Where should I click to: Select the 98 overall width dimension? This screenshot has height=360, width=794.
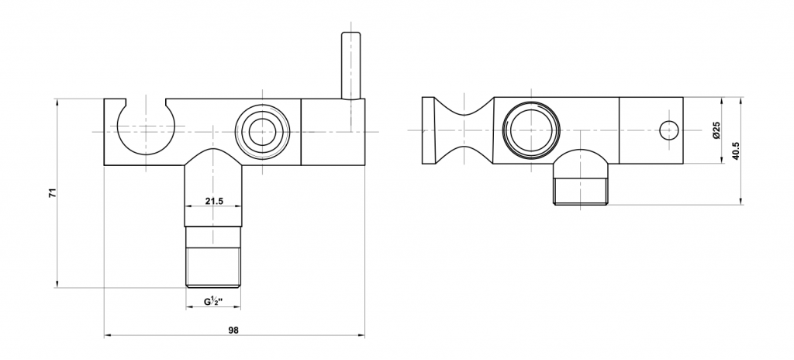tap(233, 330)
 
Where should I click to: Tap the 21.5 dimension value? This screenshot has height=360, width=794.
tap(214, 201)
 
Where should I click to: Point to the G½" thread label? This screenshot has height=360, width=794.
tap(214, 301)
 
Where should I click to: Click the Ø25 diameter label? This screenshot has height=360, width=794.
tap(716, 130)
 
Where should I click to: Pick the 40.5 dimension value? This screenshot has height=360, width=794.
tap(736, 151)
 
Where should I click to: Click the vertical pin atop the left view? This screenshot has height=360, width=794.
tap(351, 65)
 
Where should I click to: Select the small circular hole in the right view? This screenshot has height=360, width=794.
tap(669, 131)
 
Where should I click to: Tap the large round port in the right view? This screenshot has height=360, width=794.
tap(531, 130)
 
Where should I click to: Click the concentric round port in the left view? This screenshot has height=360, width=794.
tap(263, 132)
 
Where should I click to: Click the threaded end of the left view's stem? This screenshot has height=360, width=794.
tap(213, 267)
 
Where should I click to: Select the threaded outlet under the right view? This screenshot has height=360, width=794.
tap(581, 191)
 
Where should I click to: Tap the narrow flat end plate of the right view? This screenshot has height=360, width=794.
tap(428, 130)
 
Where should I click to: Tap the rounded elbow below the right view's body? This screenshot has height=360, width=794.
tap(581, 163)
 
